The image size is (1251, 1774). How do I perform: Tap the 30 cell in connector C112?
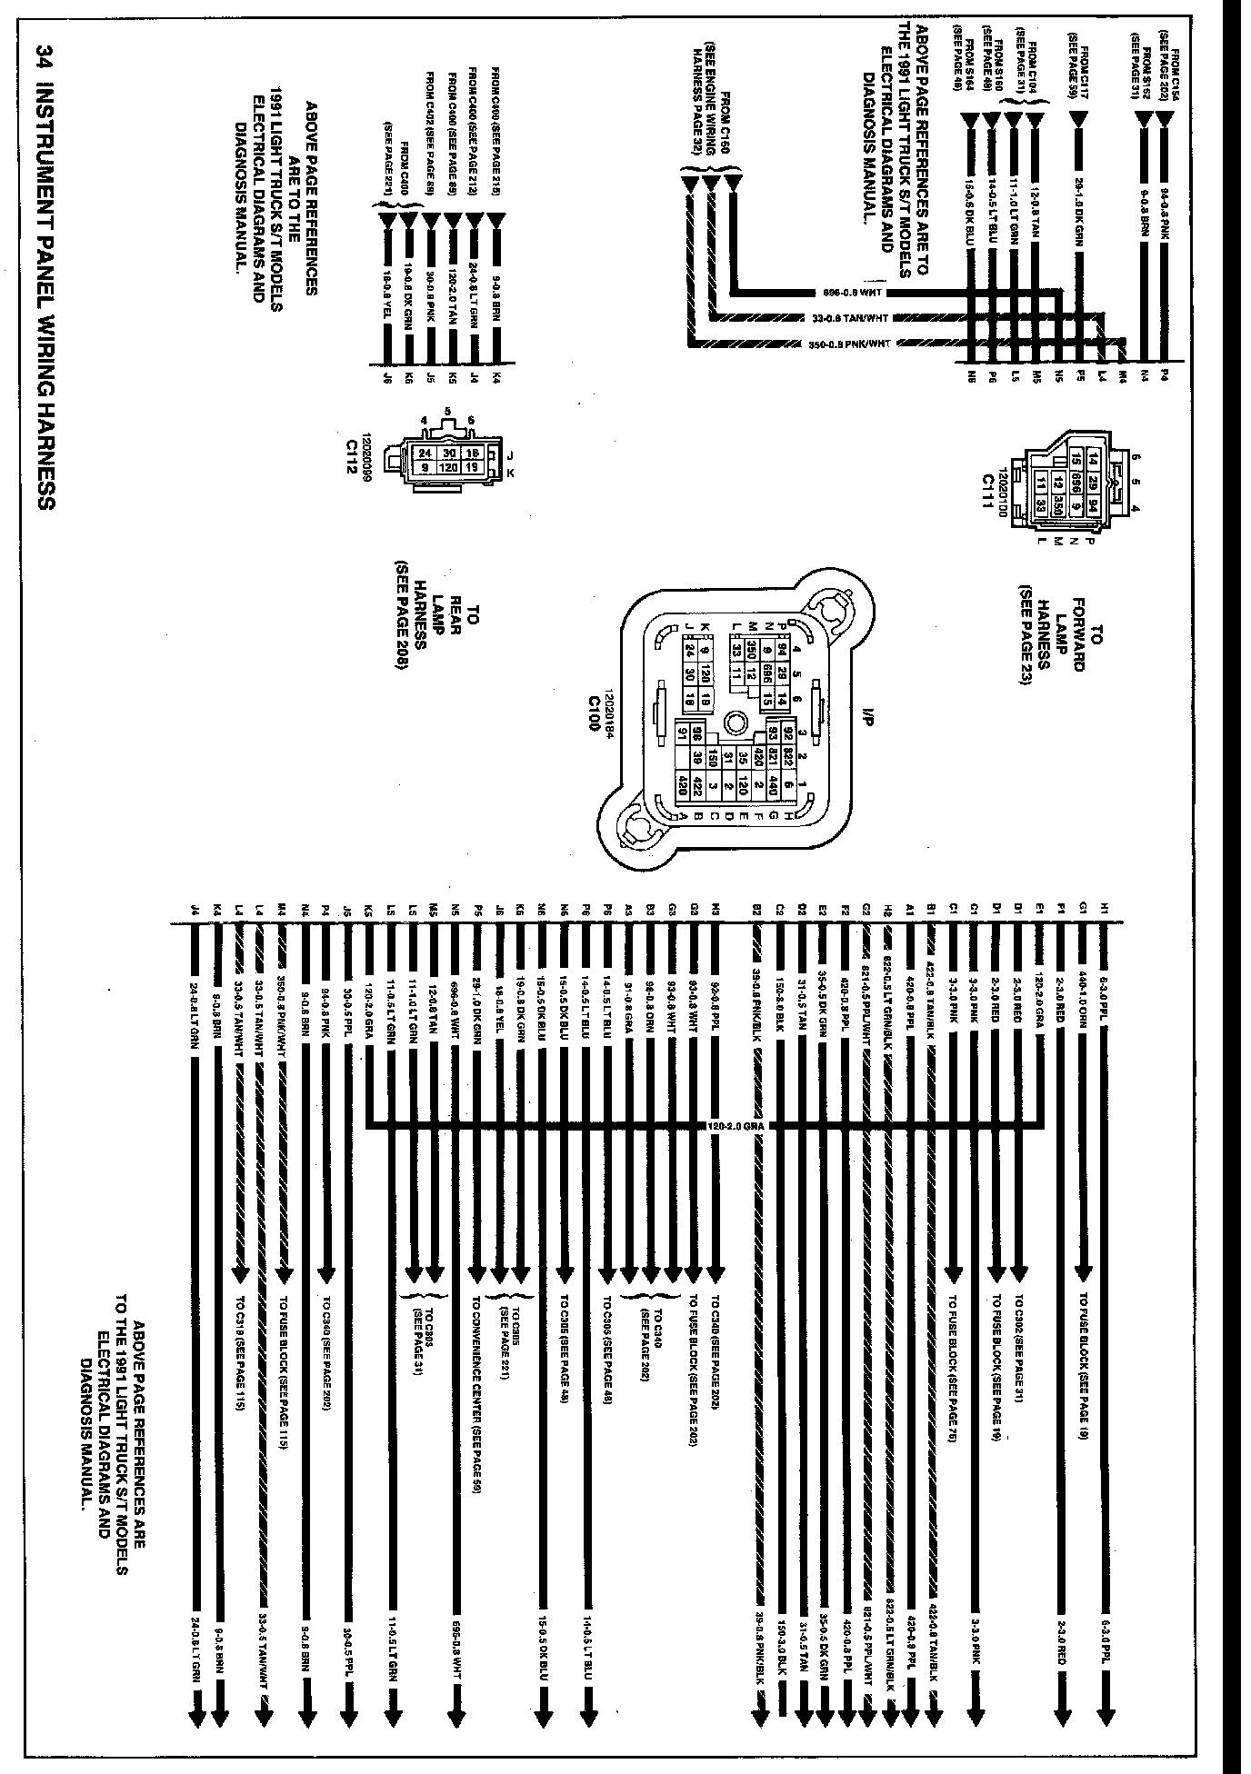click(x=447, y=453)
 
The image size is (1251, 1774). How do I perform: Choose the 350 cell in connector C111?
click(x=1057, y=504)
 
